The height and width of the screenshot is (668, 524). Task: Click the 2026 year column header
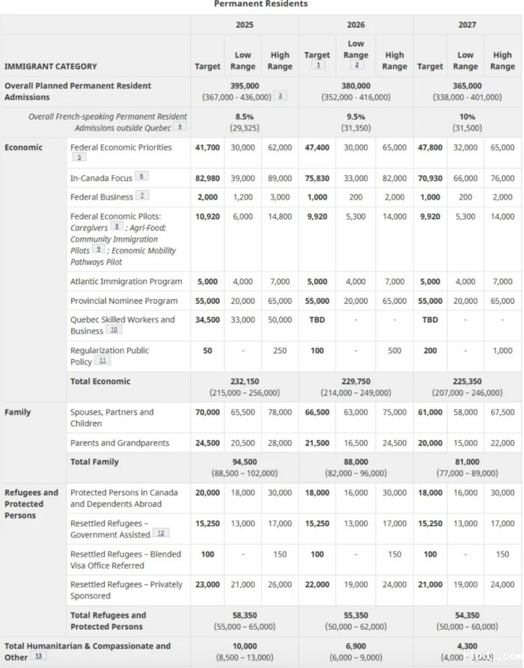click(356, 25)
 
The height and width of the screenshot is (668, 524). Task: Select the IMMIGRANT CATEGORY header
click(50, 67)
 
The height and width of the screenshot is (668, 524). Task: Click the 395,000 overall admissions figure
click(244, 85)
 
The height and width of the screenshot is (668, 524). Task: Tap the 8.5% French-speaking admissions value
click(244, 117)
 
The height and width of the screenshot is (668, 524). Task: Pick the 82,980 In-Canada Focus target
click(207, 178)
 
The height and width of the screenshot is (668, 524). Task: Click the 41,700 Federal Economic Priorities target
click(207, 147)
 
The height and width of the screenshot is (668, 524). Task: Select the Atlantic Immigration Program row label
click(126, 281)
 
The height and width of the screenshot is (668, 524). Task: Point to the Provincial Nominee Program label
click(124, 301)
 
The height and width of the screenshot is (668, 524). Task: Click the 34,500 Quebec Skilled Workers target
click(207, 319)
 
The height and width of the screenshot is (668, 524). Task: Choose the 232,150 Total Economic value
click(244, 382)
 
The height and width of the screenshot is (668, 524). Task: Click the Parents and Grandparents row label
click(119, 443)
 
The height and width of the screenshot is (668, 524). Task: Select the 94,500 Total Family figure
click(244, 462)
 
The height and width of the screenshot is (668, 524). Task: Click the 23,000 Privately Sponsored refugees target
click(207, 584)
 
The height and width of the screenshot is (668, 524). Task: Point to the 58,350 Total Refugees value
click(244, 615)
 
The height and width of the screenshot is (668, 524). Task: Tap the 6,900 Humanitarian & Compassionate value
click(356, 646)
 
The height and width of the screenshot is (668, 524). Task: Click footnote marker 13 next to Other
click(39, 656)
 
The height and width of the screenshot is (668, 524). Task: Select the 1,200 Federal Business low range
click(243, 197)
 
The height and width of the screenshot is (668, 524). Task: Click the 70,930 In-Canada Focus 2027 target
click(430, 178)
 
